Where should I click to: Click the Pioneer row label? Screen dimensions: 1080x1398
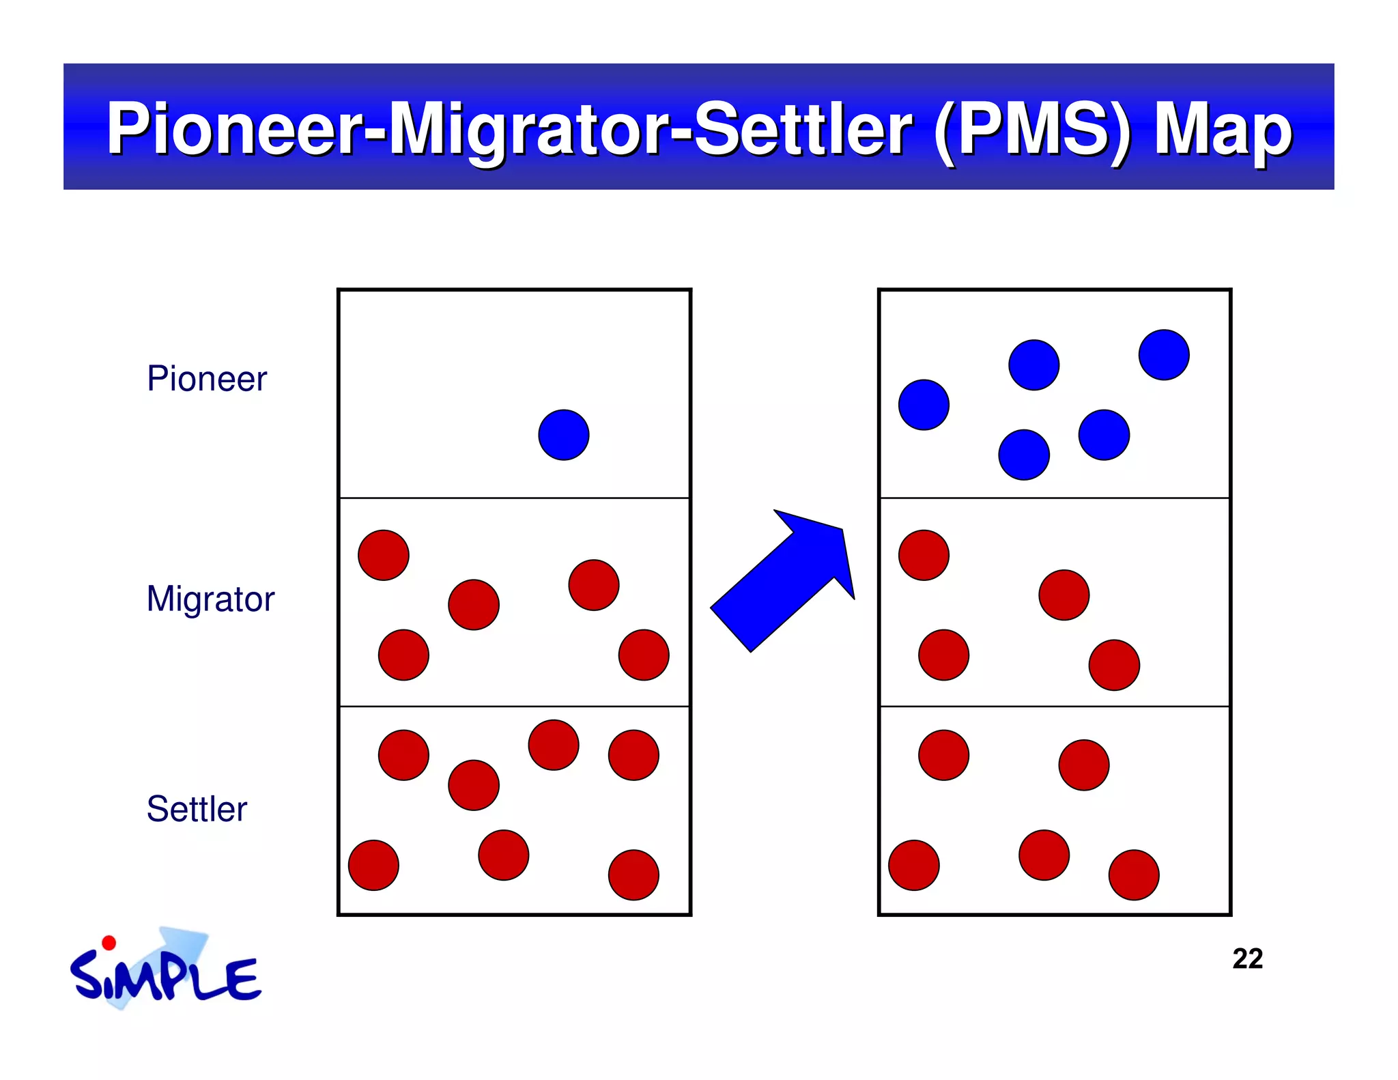pos(207,379)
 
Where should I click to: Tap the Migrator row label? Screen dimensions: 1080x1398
pos(210,599)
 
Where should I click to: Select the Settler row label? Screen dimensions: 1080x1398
pos(197,809)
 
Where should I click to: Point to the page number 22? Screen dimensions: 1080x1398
pos(1247,959)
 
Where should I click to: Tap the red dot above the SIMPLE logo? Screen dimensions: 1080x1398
pos(109,943)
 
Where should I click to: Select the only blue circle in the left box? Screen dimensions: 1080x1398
pos(564,435)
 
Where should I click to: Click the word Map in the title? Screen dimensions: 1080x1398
pos(1223,130)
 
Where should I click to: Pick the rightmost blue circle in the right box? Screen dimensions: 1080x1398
pos(1164,355)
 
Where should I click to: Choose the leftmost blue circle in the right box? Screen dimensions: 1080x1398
pos(924,405)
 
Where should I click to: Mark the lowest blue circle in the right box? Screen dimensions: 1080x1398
pos(1024,455)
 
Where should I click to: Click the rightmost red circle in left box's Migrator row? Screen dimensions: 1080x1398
pos(644,655)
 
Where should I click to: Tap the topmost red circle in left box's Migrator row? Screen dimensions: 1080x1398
pos(384,555)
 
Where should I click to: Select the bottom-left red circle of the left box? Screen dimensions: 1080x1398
pos(373,865)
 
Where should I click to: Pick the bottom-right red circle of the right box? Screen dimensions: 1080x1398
pos(1134,875)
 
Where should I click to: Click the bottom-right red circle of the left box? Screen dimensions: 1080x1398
pos(633,875)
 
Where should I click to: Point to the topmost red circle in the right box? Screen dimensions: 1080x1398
pos(924,555)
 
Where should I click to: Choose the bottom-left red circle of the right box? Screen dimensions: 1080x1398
pos(914,865)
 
